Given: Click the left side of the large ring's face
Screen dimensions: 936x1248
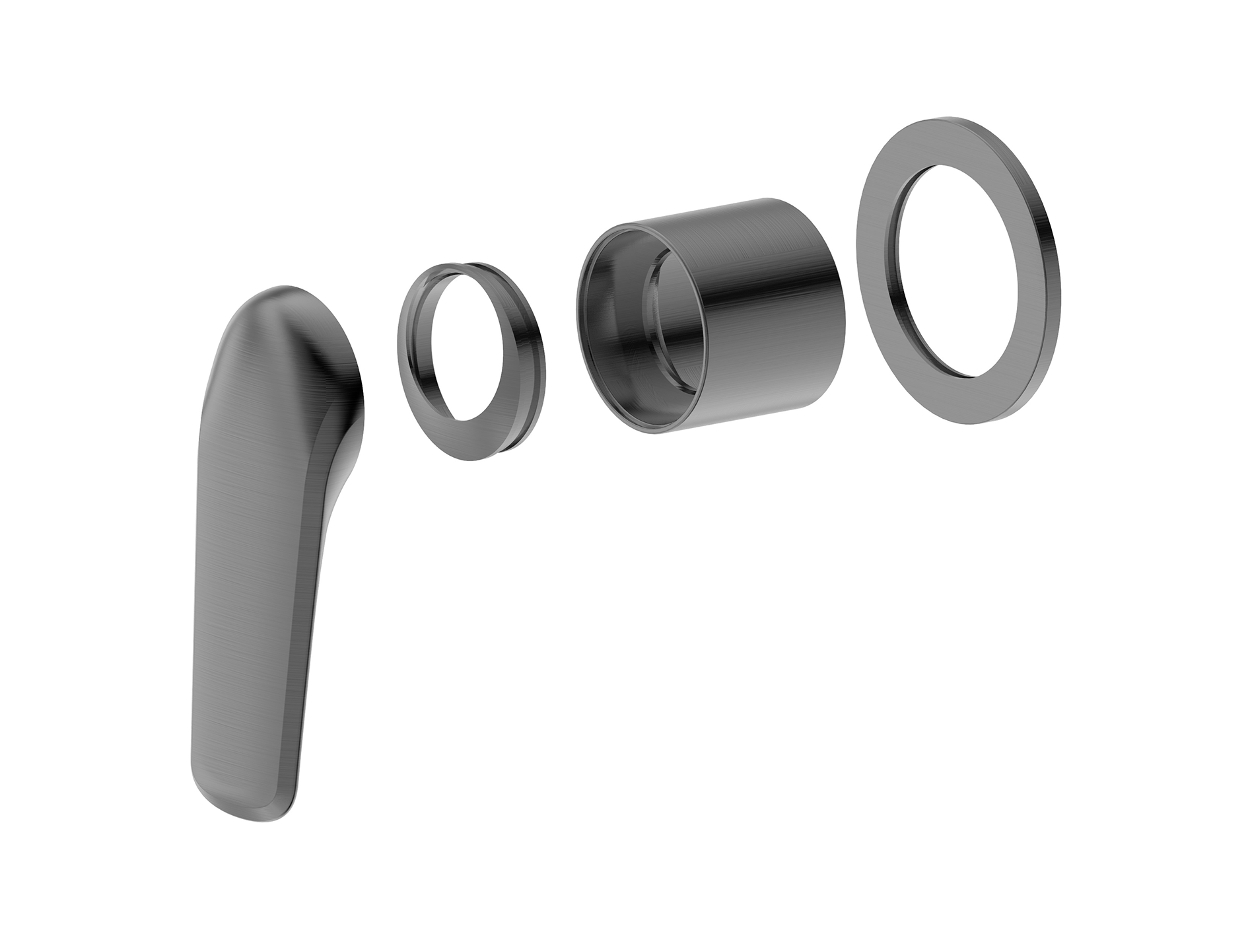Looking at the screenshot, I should (878, 264).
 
